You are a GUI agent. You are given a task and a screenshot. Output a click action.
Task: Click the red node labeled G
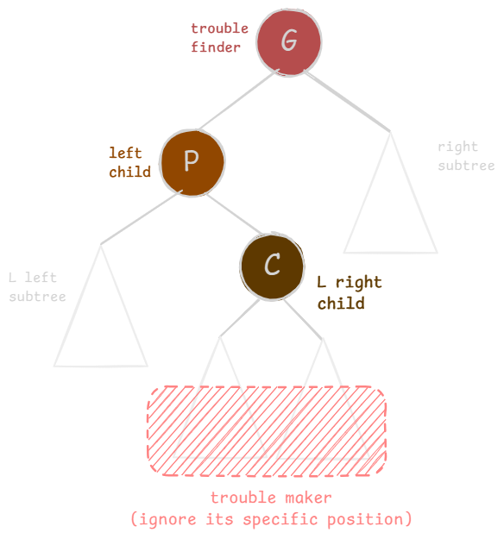289,42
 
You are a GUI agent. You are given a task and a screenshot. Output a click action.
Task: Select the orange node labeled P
192,163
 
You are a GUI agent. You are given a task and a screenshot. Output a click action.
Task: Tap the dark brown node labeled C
273,266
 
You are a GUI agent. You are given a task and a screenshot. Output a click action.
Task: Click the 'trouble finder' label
219,38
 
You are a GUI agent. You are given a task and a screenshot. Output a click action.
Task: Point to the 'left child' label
129,163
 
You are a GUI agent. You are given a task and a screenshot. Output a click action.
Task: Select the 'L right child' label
350,292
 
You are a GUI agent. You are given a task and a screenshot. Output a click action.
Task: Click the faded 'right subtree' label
466,156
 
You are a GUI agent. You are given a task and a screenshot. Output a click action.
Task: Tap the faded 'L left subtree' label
37,287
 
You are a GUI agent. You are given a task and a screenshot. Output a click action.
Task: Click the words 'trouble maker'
271,498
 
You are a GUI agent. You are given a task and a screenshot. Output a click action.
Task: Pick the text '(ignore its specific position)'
271,519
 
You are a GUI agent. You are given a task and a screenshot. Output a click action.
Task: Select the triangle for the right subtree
367,192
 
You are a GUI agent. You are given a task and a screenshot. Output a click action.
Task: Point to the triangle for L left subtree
77,306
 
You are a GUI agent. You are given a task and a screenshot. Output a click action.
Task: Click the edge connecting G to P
238,100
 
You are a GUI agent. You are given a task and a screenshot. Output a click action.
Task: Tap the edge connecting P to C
235,215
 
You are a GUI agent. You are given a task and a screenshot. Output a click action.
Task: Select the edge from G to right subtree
347,101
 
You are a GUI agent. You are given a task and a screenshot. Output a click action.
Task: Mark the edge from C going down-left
240,318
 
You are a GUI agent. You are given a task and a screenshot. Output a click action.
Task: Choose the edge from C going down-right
303,319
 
